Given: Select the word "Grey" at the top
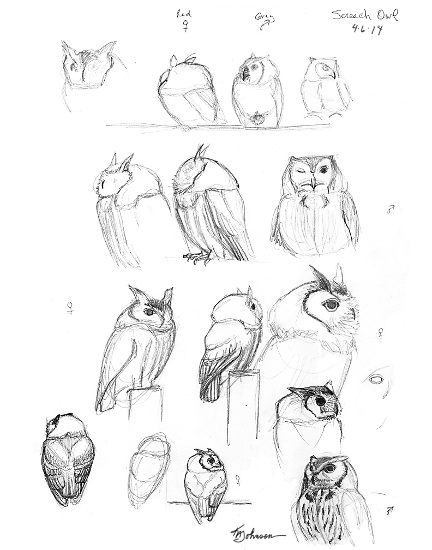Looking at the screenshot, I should [265, 19].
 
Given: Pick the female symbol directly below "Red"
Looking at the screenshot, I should [185, 27].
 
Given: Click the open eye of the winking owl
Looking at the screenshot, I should [323, 170].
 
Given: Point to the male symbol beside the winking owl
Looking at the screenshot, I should [391, 209].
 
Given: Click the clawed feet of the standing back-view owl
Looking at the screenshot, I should [197, 256].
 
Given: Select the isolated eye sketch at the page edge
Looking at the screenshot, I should [375, 379].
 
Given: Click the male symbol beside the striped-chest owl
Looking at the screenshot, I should [389, 511].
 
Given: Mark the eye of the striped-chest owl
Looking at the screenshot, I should [329, 468].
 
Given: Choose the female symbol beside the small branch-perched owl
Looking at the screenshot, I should [238, 479].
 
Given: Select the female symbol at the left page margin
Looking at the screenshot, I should [70, 308].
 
